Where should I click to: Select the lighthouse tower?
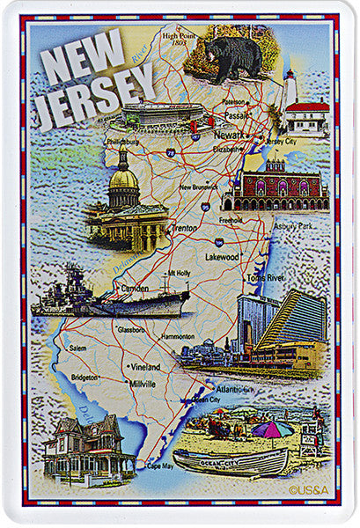click(290, 89)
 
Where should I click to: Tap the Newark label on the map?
click(231, 136)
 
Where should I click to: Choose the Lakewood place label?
click(223, 257)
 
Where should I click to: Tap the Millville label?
click(142, 385)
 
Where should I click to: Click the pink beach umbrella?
click(272, 429)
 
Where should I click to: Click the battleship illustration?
click(110, 299)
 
